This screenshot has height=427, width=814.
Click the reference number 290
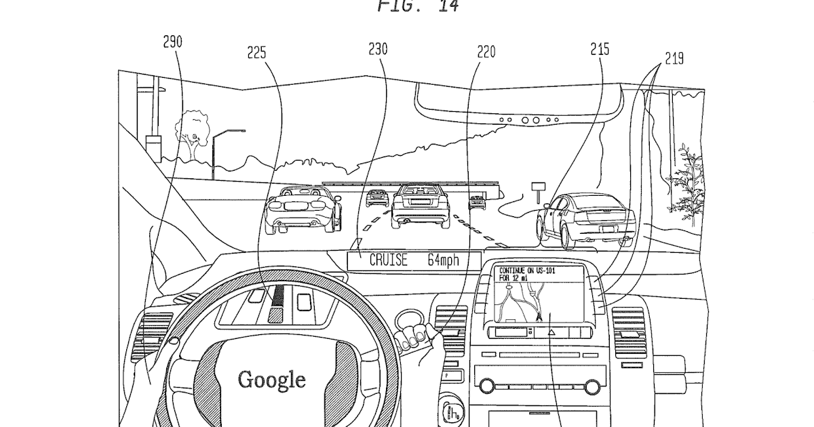[172, 42]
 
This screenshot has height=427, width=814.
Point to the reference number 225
[256, 52]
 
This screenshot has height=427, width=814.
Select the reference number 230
[378, 49]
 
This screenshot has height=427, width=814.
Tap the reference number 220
[486, 52]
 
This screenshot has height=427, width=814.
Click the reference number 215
[600, 49]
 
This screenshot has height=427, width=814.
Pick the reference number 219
[674, 59]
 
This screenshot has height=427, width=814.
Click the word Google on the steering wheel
[271, 379]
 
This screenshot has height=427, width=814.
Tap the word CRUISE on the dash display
[389, 260]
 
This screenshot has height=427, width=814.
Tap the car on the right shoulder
[585, 219]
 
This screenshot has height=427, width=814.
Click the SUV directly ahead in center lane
[421, 204]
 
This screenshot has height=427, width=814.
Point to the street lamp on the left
[222, 149]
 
